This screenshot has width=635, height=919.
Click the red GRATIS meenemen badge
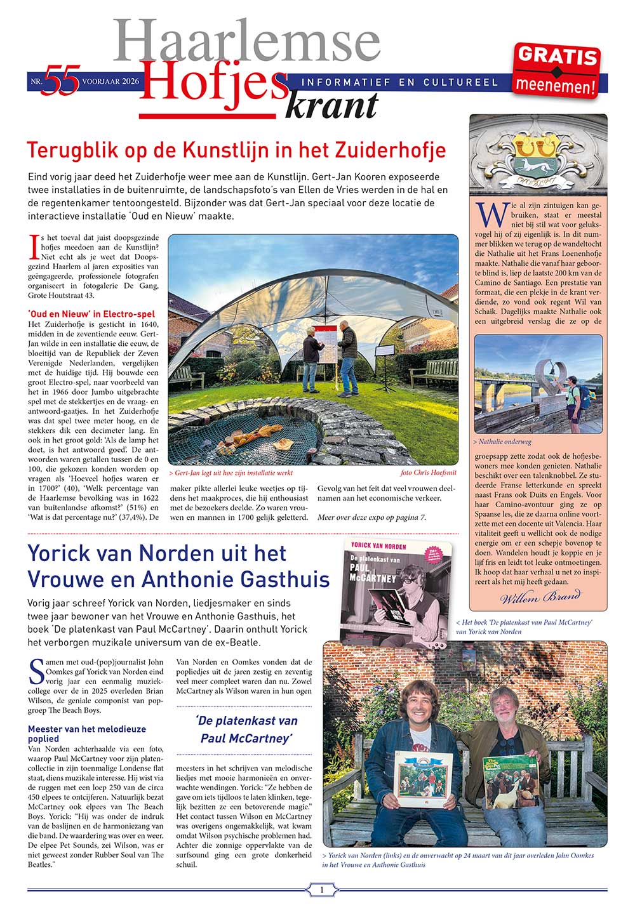pyautogui.click(x=557, y=71)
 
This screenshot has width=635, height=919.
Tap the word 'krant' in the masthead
pyautogui.click(x=331, y=105)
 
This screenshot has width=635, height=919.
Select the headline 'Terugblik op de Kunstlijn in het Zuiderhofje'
pyautogui.click(x=236, y=151)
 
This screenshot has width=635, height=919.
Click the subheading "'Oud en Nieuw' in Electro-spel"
pyautogui.click(x=91, y=314)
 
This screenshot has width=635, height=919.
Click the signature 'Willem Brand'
pyautogui.click(x=540, y=597)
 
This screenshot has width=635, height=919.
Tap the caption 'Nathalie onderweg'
pyautogui.click(x=502, y=442)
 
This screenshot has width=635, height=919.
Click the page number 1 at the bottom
pyautogui.click(x=321, y=890)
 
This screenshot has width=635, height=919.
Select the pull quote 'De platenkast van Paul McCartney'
pyautogui.click(x=246, y=729)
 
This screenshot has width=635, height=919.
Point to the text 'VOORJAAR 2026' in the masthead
pyautogui.click(x=110, y=81)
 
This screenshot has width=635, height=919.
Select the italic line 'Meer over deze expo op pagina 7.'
pyautogui.click(x=371, y=517)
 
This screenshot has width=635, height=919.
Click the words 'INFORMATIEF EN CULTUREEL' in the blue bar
pyautogui.click(x=399, y=83)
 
